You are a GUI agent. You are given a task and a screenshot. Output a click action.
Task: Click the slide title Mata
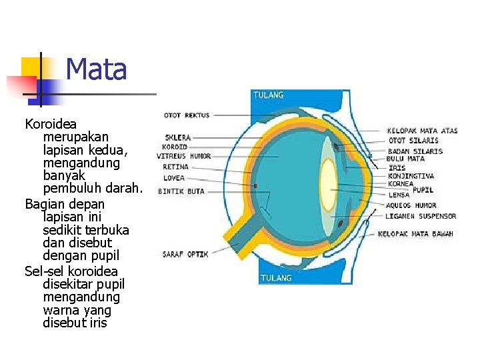(97, 69)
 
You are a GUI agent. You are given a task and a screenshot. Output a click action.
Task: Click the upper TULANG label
(268, 95)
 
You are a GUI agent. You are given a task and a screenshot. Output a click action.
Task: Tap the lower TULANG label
(276, 277)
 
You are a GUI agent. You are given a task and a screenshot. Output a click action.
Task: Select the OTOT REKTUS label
(187, 115)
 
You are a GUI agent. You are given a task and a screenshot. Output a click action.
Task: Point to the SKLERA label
(177, 137)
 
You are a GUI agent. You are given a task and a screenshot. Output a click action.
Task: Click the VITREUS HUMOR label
(184, 156)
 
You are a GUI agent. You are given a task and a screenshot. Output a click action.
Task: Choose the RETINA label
(176, 167)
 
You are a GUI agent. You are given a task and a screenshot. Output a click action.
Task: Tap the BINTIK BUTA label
(181, 191)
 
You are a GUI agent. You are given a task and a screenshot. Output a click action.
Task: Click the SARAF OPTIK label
(185, 254)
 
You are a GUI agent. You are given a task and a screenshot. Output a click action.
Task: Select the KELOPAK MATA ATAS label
(423, 131)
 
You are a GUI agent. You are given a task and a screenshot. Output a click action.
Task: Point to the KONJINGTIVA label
(411, 176)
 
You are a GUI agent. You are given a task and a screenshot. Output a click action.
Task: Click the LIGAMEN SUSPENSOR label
(421, 216)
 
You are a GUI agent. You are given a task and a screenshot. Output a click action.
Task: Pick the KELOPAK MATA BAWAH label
(415, 234)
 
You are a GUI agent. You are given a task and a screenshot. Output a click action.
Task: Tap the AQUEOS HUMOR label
(411, 205)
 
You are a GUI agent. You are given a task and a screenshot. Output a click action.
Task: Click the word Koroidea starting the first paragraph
(51, 124)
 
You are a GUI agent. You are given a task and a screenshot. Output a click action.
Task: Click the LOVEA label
(174, 178)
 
